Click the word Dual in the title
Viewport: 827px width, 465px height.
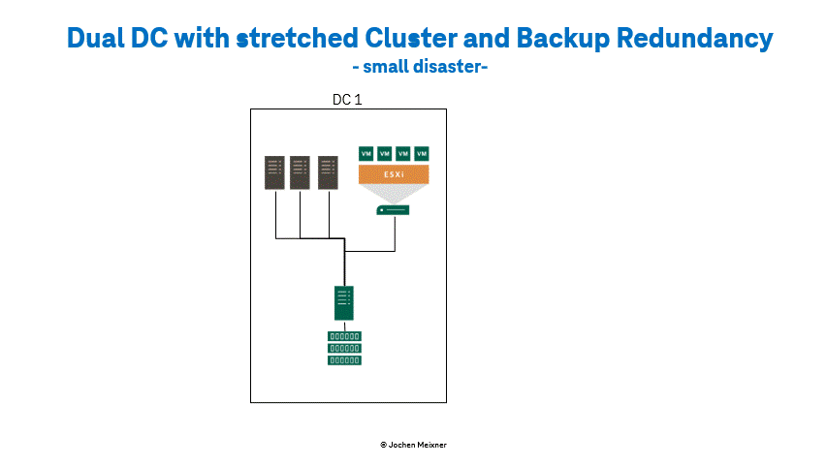(x=96, y=38)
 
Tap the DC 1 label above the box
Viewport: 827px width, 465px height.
(x=347, y=100)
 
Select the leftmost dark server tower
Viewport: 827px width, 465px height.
(x=274, y=172)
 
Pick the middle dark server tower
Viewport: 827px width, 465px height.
(x=300, y=172)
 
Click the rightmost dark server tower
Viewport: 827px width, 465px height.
(x=328, y=172)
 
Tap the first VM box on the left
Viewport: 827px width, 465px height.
(x=366, y=153)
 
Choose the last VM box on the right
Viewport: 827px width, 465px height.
(x=422, y=153)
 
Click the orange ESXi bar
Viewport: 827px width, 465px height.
(x=394, y=174)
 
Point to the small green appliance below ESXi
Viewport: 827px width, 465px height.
(x=393, y=210)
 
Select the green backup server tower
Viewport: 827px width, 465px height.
(x=344, y=303)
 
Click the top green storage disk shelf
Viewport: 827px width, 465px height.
(x=344, y=336)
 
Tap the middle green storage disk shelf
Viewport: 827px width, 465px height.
(x=344, y=349)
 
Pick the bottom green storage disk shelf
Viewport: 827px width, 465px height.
(x=344, y=360)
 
